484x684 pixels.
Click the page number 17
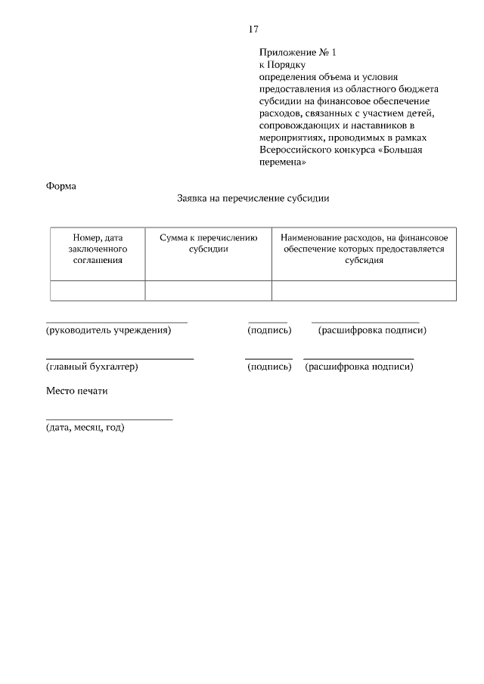pyautogui.click(x=253, y=29)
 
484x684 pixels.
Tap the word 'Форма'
pyautogui.click(x=60, y=186)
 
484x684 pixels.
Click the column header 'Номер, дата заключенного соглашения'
pyautogui.click(x=98, y=249)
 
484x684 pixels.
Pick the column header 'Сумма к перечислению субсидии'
pyautogui.click(x=208, y=243)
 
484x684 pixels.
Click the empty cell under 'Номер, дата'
pyautogui.click(x=98, y=291)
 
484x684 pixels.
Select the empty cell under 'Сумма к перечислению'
pyautogui.click(x=208, y=291)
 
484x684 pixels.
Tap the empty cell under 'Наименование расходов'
pyautogui.click(x=364, y=291)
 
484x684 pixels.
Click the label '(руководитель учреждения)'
pyautogui.click(x=108, y=330)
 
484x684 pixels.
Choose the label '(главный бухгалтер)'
pyautogui.click(x=92, y=367)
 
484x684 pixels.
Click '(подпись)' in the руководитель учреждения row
pyautogui.click(x=269, y=330)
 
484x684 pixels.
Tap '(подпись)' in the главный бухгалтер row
pyautogui.click(x=269, y=367)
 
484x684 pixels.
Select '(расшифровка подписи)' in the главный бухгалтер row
pyautogui.click(x=358, y=367)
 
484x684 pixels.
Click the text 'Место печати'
pyautogui.click(x=76, y=392)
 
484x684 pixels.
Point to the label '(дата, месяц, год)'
pyautogui.click(x=85, y=428)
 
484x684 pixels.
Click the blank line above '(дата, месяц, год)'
pyautogui.click(x=109, y=419)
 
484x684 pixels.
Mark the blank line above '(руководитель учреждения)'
pyautogui.click(x=116, y=322)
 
